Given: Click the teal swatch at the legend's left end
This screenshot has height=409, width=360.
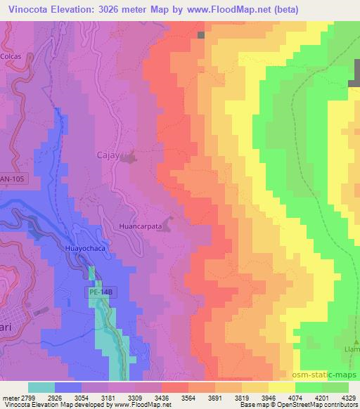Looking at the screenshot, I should (x=41, y=387).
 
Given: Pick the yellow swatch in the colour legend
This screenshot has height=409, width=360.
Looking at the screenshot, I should (x=282, y=387).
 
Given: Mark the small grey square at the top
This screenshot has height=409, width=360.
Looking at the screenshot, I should (x=202, y=34).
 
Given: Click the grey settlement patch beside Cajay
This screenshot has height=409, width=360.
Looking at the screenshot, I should (x=128, y=160).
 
